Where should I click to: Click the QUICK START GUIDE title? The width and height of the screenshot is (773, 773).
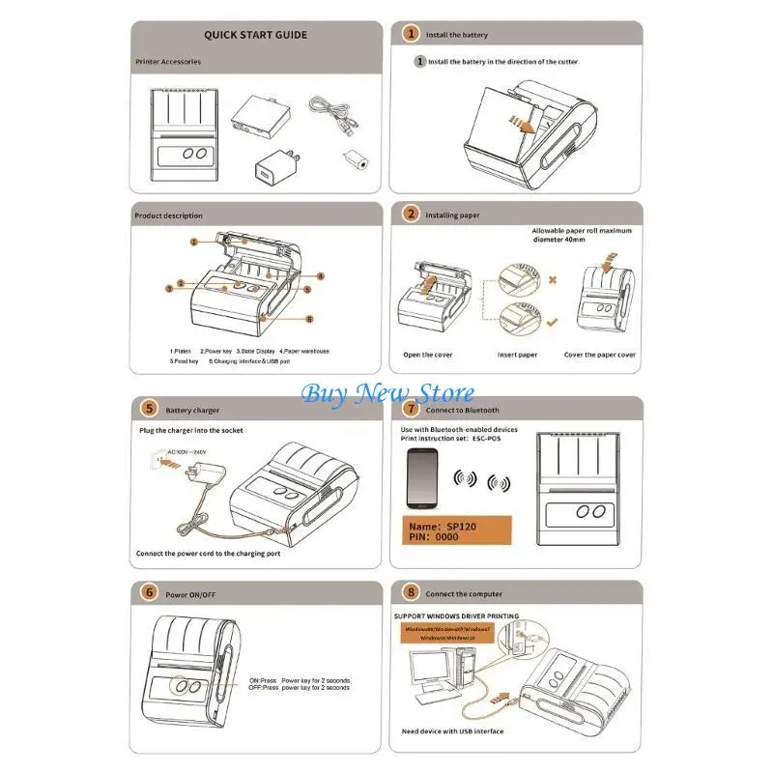[x=255, y=35]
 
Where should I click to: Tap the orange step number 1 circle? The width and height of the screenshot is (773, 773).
[x=410, y=34]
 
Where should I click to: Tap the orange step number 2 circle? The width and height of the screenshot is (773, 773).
[x=410, y=215]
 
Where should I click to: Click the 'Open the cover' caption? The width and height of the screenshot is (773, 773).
[x=428, y=355]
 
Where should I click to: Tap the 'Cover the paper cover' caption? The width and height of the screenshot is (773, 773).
[x=600, y=355]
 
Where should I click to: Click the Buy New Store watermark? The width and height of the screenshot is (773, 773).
[x=387, y=393]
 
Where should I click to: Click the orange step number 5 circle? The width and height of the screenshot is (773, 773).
[x=149, y=409]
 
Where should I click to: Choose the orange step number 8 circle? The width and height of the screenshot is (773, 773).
[x=410, y=593]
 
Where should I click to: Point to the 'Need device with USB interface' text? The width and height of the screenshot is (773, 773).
[x=452, y=731]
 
